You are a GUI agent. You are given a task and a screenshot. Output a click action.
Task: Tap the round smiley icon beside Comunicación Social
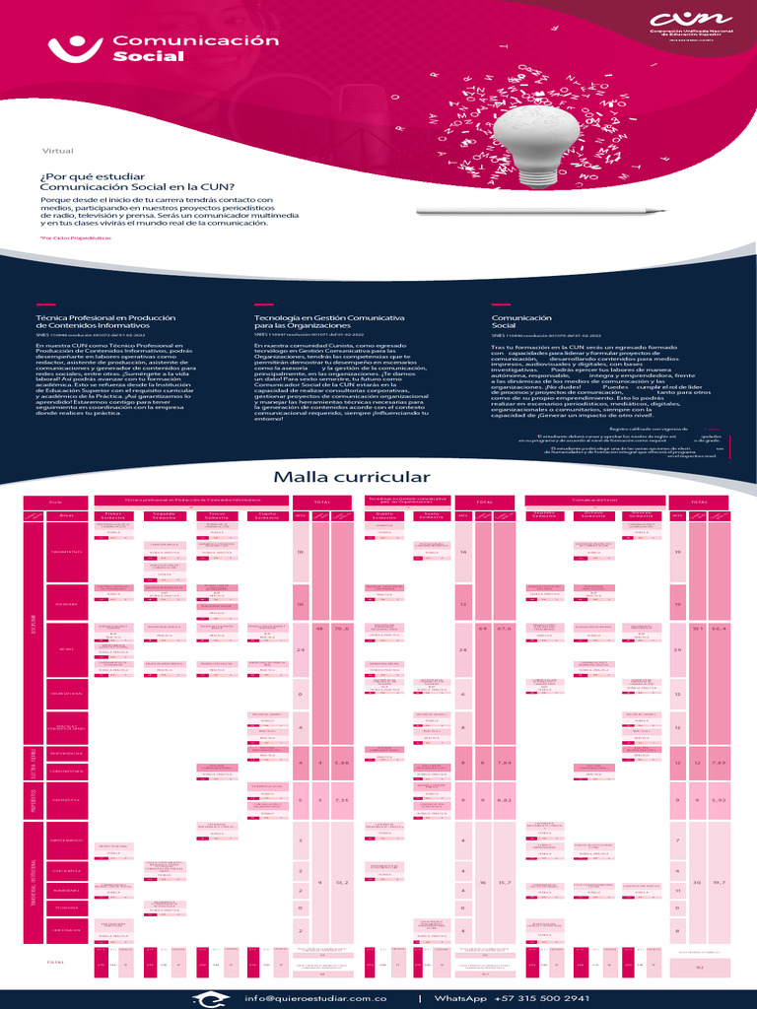(76, 45)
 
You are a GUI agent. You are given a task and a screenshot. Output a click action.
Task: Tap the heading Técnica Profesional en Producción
(104, 318)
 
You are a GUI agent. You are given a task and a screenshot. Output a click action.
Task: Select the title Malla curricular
(352, 477)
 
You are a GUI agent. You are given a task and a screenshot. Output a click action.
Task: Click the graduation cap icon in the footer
(209, 997)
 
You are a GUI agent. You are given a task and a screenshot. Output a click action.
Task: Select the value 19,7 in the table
(719, 882)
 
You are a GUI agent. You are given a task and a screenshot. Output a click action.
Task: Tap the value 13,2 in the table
(340, 882)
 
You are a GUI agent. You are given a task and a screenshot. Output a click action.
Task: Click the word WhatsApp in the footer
(462, 998)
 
